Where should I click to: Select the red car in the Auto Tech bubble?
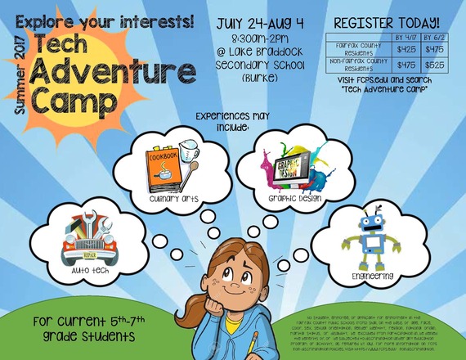pyautogui.click(x=86, y=240)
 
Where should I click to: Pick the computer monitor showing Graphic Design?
pyautogui.click(x=289, y=168)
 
